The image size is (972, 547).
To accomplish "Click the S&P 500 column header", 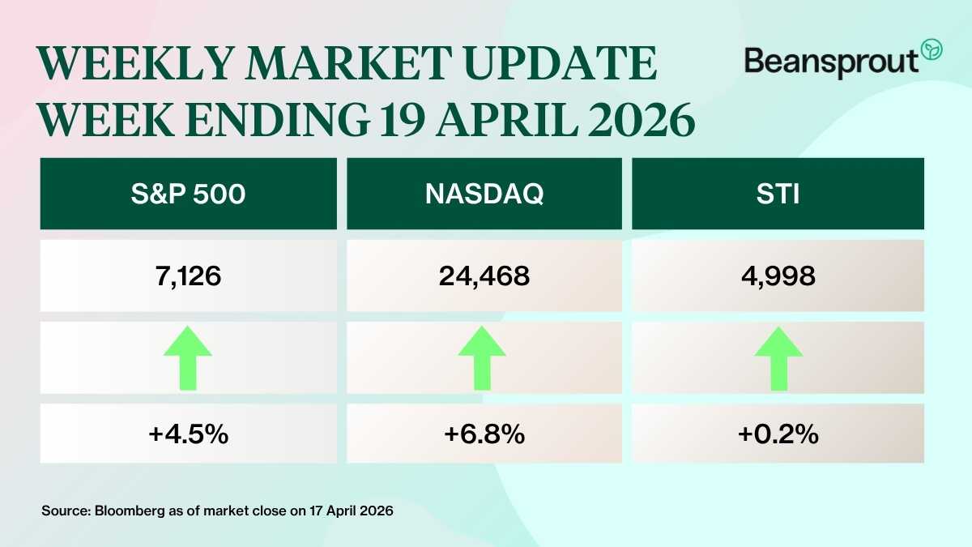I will [188, 194].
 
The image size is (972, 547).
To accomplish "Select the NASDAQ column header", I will [484, 194].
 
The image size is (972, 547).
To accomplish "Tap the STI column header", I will [778, 194].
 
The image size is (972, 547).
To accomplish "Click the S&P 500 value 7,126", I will [188, 276].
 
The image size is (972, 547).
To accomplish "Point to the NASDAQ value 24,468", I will [484, 276].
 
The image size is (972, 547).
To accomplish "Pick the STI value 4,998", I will [778, 276].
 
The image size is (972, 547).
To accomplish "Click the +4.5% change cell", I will [188, 434].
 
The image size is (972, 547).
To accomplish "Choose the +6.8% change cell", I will [484, 434].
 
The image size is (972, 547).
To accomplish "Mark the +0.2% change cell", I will [778, 434].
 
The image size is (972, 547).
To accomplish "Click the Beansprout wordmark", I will [831, 61].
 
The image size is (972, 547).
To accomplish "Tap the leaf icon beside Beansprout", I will [932, 49].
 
